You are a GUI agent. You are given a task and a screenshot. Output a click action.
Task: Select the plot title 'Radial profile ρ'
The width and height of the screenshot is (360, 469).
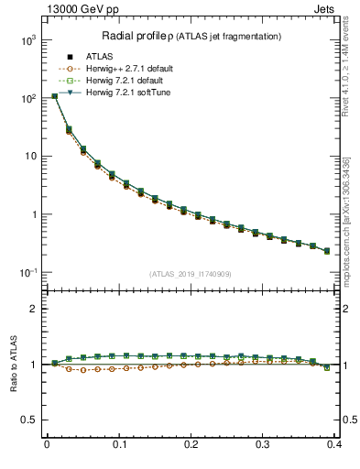coord(139,36)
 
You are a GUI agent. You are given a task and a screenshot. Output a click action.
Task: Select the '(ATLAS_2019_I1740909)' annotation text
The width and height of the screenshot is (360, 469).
coord(191,273)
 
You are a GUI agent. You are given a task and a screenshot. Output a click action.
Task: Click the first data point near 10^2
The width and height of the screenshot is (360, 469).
coord(54,96)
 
